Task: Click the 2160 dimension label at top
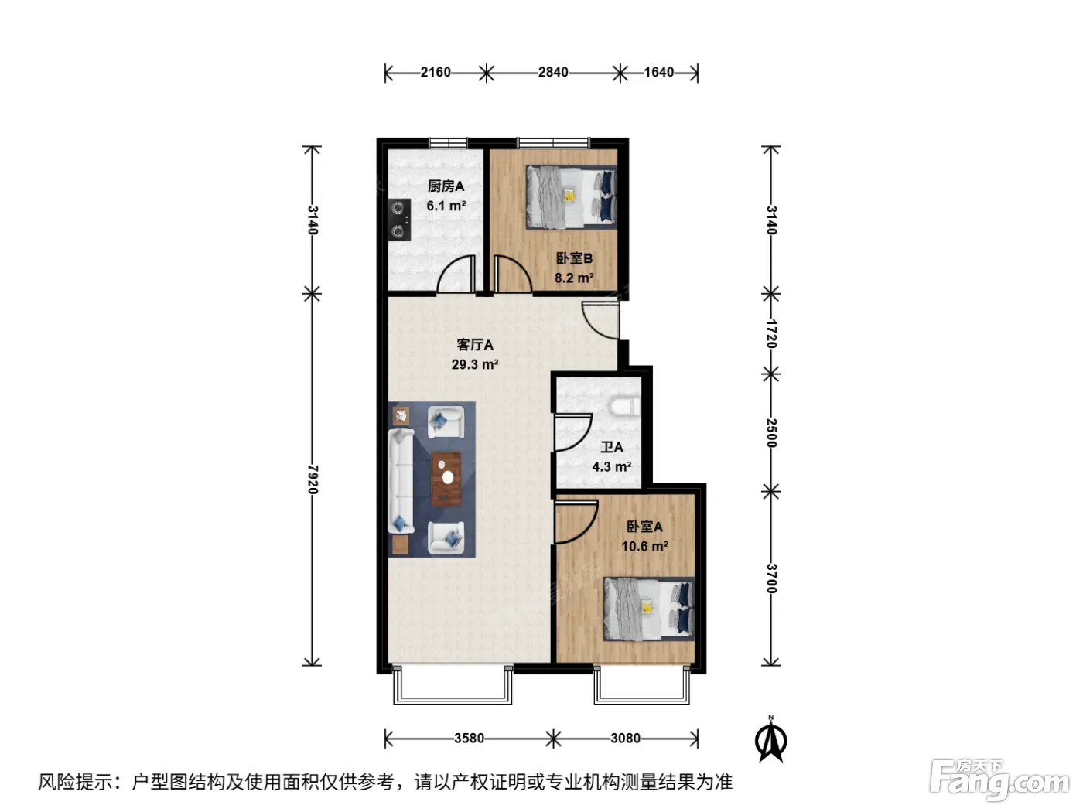point(436,73)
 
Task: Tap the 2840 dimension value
point(552,73)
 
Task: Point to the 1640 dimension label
point(658,73)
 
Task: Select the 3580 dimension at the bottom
point(469,738)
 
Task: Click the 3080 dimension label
point(625,738)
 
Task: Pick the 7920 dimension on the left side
point(313,479)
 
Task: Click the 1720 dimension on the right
point(771,334)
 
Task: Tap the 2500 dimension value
point(771,433)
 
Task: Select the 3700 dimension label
point(771,578)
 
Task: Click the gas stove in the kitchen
point(399,220)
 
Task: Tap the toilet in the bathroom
point(625,408)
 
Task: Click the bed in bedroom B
point(572,196)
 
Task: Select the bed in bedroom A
point(649,609)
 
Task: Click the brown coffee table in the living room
point(446,479)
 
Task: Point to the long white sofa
point(401,481)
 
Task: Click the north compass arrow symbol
point(770,739)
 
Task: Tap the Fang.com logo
point(999,780)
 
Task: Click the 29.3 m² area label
point(475,365)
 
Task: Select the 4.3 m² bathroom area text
point(611,466)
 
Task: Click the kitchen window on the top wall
point(448,143)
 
